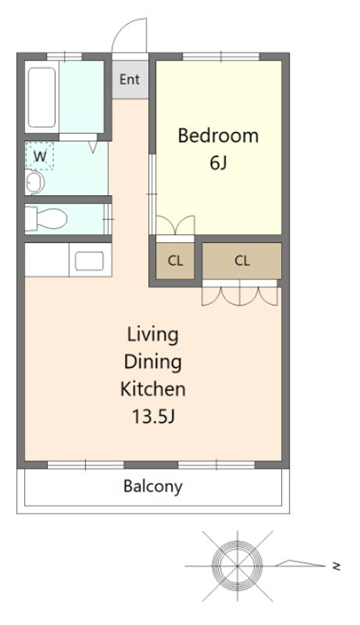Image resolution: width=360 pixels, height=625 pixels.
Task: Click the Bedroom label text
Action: (x=218, y=135)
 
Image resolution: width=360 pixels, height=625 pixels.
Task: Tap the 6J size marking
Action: (x=218, y=162)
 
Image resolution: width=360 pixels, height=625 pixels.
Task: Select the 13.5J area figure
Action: (x=153, y=416)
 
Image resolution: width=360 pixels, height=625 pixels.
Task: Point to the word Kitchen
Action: (x=153, y=389)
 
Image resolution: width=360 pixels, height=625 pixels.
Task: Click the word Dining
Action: (x=153, y=362)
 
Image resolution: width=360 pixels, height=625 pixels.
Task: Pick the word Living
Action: (x=153, y=335)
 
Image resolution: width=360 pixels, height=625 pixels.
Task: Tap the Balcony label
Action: (x=153, y=487)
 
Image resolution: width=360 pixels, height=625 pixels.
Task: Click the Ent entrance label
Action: (x=130, y=80)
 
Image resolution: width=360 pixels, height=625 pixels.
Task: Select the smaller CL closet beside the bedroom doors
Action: (x=175, y=261)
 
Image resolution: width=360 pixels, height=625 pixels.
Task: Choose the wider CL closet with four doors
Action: (x=242, y=261)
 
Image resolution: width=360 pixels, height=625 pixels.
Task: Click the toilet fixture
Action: (x=45, y=219)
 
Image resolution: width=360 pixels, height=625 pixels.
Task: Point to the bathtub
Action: (x=42, y=98)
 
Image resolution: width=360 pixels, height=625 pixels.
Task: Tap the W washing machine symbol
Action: (x=39, y=155)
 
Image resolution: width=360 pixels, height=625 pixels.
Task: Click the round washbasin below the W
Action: (x=34, y=183)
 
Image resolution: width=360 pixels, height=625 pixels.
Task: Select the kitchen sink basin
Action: (x=89, y=261)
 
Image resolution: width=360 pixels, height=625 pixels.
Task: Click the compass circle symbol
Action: (x=237, y=566)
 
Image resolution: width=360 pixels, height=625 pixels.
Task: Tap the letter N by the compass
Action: (x=337, y=566)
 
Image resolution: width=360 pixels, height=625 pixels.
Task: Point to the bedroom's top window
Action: (x=221, y=56)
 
